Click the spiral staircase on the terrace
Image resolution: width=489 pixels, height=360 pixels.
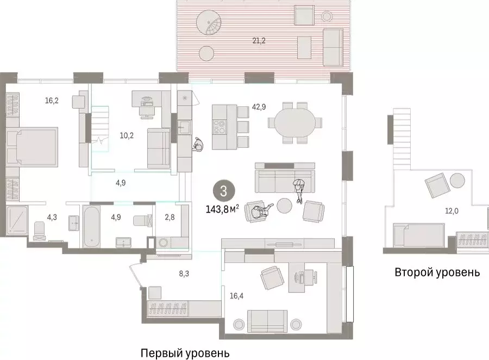[x=209, y=24]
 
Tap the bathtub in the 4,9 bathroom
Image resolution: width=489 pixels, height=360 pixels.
[x=91, y=225]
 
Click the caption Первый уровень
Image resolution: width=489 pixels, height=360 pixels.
[x=185, y=353]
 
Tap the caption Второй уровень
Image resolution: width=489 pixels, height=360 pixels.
[x=437, y=272]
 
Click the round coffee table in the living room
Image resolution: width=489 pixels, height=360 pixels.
[x=284, y=206]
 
